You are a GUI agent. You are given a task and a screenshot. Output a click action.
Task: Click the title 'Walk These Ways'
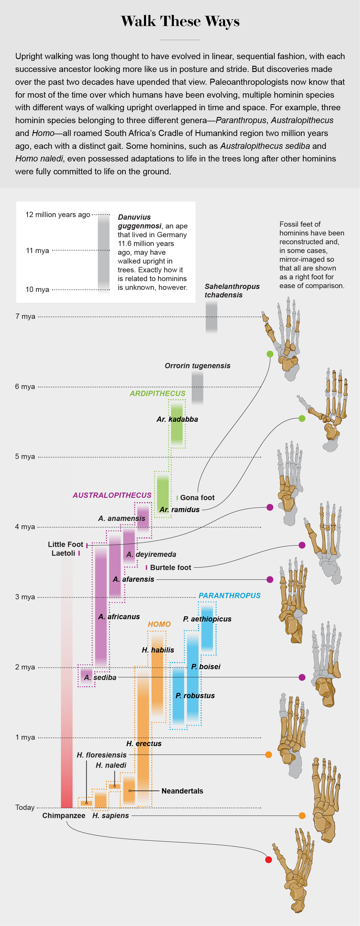(180, 21)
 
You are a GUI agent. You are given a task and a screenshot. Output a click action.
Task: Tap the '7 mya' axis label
(25, 316)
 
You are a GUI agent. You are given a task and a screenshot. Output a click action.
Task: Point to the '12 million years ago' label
(58, 215)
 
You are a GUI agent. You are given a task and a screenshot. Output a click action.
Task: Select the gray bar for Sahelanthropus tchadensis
(211, 316)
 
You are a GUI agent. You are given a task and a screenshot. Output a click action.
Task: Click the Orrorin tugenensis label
(197, 366)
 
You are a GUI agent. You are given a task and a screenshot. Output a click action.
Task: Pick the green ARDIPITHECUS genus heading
(158, 394)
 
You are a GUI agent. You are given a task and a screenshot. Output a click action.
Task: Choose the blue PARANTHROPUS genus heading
(229, 596)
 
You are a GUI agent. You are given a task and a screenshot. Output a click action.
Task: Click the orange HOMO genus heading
(159, 624)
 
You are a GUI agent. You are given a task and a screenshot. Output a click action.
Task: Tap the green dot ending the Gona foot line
(270, 354)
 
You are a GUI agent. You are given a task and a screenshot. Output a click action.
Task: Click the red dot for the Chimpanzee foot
(268, 860)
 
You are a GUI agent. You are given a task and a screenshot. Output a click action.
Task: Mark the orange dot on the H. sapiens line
(302, 816)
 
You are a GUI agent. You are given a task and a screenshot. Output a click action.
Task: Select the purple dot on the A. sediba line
(302, 677)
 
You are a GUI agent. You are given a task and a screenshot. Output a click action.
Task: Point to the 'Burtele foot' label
(170, 568)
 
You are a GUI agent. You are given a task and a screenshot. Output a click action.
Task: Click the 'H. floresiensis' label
(101, 755)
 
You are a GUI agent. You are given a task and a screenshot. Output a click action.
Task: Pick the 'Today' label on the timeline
(25, 807)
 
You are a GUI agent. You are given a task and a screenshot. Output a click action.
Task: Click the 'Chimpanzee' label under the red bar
(64, 816)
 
